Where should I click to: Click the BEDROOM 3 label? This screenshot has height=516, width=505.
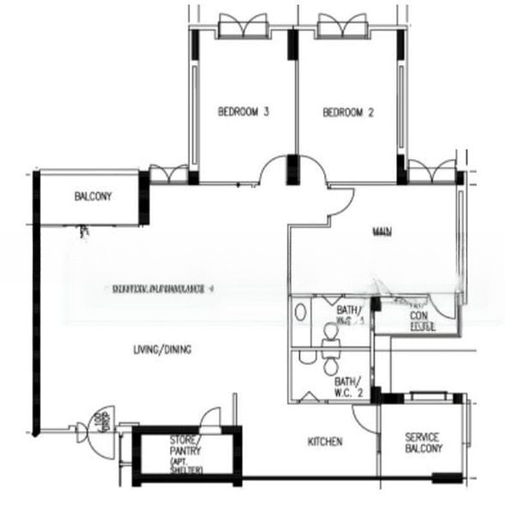pos(244,112)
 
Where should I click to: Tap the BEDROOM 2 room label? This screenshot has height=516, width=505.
pos(349,112)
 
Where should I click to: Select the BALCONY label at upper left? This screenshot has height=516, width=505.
pos(93,196)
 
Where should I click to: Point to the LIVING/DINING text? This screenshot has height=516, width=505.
pos(162,349)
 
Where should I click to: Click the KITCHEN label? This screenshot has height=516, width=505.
pos(326,442)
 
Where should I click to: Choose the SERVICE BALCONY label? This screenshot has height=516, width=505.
pos(423,443)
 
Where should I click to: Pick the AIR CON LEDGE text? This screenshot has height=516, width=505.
pos(420,320)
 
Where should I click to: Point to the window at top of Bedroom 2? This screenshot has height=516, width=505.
pos(343,28)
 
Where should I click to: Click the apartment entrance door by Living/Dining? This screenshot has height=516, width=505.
pos(93,427)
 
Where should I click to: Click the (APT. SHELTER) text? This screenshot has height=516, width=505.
pos(186,469)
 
